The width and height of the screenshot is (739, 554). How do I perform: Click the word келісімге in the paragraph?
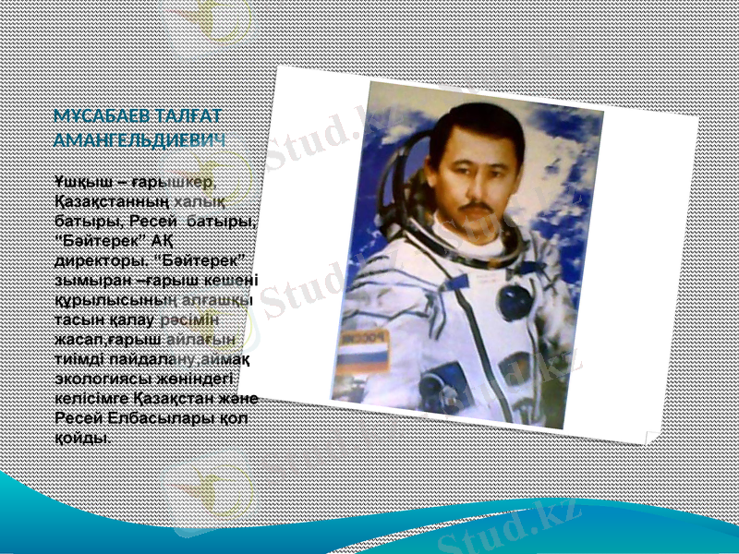click(x=91, y=397)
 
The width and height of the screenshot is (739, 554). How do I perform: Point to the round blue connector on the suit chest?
click(x=514, y=300)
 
